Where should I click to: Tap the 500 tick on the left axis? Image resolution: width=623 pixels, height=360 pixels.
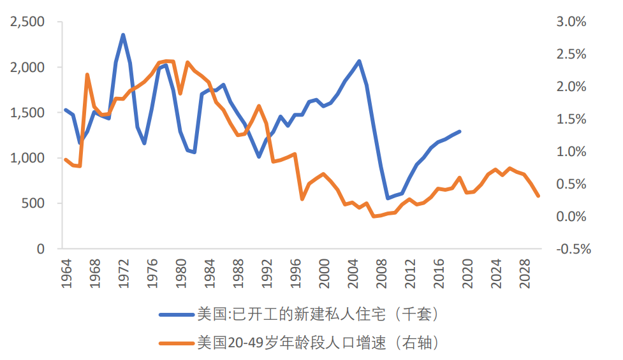[36, 204]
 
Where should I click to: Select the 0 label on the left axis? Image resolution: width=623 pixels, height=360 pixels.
[41, 249]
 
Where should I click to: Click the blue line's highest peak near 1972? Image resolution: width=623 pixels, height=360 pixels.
[123, 35]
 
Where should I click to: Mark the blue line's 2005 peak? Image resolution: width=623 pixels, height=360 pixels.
[360, 61]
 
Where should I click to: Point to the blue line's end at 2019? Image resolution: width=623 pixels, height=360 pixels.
[460, 131]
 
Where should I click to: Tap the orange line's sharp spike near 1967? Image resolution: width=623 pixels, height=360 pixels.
[87, 75]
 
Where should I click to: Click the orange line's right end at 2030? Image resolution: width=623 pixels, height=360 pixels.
[539, 196]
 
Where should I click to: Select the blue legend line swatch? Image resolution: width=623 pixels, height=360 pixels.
[176, 314]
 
